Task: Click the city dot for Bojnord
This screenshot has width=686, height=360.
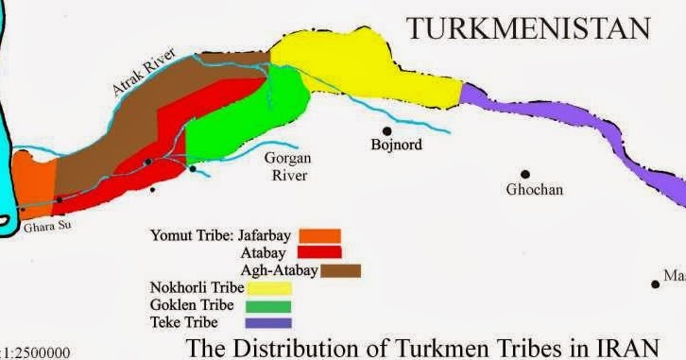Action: tap(386, 130)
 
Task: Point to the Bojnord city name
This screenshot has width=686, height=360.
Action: tap(396, 146)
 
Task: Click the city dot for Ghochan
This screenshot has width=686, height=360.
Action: tap(525, 174)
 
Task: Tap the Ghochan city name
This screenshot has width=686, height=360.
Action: tap(534, 189)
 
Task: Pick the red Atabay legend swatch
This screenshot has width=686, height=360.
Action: tap(319, 252)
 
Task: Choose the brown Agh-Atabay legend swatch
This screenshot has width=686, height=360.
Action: tap(340, 270)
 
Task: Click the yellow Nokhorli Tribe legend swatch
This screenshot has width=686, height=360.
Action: tap(267, 288)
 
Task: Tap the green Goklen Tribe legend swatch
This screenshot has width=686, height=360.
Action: tap(267, 305)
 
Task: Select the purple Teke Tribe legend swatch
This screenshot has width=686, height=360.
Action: tap(267, 323)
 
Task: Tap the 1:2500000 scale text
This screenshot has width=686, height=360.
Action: tap(36, 352)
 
